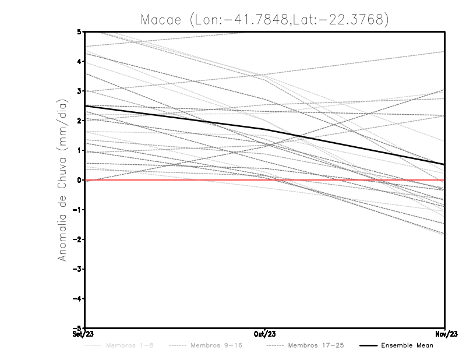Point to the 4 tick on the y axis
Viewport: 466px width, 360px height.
tap(79, 61)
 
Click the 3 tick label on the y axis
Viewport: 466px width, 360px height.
tap(79, 91)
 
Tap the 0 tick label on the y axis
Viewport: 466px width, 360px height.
tap(79, 180)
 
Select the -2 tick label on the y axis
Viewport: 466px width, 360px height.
tap(77, 239)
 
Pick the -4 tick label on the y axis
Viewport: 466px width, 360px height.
tap(77, 299)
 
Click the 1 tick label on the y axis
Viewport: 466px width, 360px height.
tap(79, 150)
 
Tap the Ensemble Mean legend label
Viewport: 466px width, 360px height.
tap(407, 345)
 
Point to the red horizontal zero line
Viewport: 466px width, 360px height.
tap(175, 180)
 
